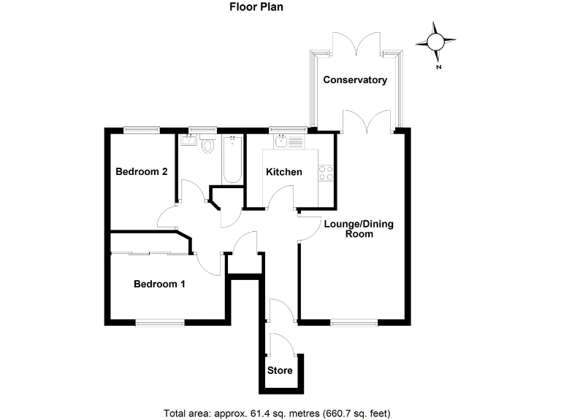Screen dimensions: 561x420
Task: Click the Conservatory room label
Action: point(355,79)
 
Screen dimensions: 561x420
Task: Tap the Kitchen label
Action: point(284,172)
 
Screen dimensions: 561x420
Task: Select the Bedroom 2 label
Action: point(142,171)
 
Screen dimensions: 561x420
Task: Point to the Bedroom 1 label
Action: point(159,284)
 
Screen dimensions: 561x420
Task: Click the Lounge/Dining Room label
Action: point(359,229)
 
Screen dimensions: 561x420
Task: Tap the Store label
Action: point(280,370)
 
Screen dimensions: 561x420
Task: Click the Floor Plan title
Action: point(256,7)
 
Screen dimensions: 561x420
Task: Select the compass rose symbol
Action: point(435,42)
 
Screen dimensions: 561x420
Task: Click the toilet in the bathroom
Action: point(207,144)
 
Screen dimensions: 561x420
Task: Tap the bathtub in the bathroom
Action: point(232,160)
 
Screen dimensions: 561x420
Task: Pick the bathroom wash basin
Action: point(188,140)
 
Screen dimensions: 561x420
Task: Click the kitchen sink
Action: point(282,141)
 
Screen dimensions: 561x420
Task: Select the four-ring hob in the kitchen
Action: point(326,173)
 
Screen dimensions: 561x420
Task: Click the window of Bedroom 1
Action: point(160,323)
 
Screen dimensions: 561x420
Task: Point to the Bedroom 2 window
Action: point(142,130)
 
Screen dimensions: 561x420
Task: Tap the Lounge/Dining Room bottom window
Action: point(354,323)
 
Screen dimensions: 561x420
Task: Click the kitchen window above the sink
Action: point(289,130)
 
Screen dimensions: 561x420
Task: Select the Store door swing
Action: point(282,344)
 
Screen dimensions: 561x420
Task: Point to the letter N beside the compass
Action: point(439,67)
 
